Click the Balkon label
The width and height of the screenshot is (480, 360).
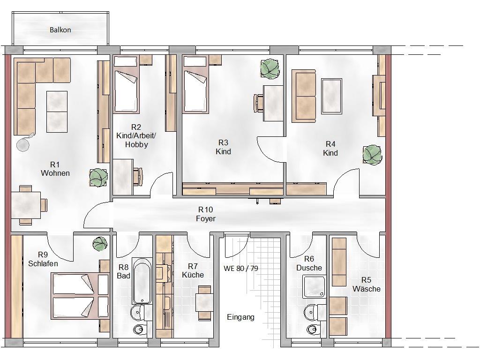60,30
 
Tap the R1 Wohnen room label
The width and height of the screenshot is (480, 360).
55,169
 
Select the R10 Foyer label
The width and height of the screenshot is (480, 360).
206,214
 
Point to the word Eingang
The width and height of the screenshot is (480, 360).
240,317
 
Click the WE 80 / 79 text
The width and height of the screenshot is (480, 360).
241,269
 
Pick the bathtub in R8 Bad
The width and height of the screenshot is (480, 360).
142,281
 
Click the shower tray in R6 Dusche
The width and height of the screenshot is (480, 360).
314,287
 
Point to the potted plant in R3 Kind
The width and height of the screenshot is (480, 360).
270,69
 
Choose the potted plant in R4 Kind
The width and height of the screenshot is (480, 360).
372,155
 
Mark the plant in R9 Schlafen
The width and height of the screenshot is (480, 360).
100,244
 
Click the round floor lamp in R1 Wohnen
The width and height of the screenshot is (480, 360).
23,143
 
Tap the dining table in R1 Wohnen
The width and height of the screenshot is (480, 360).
26,205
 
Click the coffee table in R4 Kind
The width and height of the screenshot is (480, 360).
331,96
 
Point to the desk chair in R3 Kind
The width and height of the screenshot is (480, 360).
259,103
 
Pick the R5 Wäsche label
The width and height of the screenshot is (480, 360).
367,285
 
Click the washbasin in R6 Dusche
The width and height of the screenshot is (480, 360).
311,313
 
